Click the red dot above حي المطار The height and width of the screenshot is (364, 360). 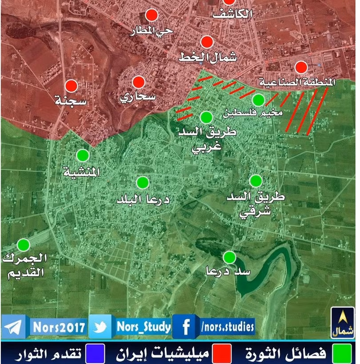(x=152, y=15)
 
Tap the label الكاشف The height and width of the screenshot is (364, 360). (x=232, y=13)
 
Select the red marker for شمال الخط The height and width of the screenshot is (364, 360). (x=207, y=42)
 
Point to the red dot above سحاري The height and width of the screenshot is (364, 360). (x=139, y=82)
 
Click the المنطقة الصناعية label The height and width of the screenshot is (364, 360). (x=297, y=82)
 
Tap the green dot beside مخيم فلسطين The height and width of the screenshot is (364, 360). (x=258, y=99)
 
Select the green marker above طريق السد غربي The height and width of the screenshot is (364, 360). (x=206, y=117)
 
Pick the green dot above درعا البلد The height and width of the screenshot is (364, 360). (x=143, y=182)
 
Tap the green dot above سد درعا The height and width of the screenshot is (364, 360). (x=229, y=257)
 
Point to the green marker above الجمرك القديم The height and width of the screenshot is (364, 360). (x=23, y=245)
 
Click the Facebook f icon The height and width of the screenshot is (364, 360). (x=186, y=328)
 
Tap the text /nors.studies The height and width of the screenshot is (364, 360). (x=227, y=327)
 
